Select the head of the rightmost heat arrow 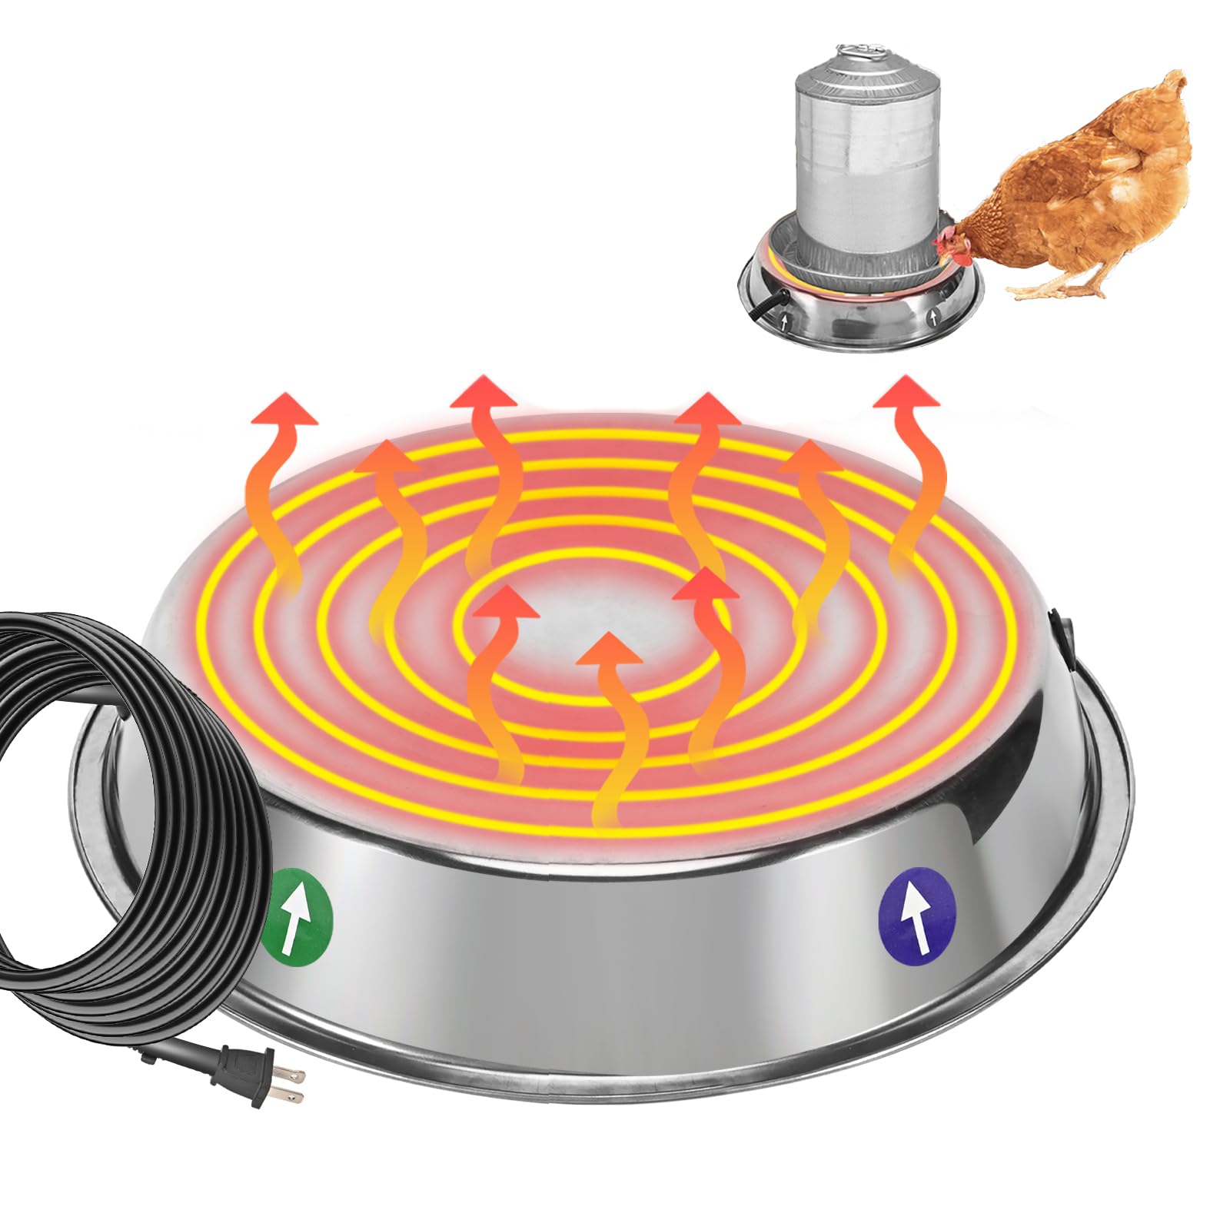906,393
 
